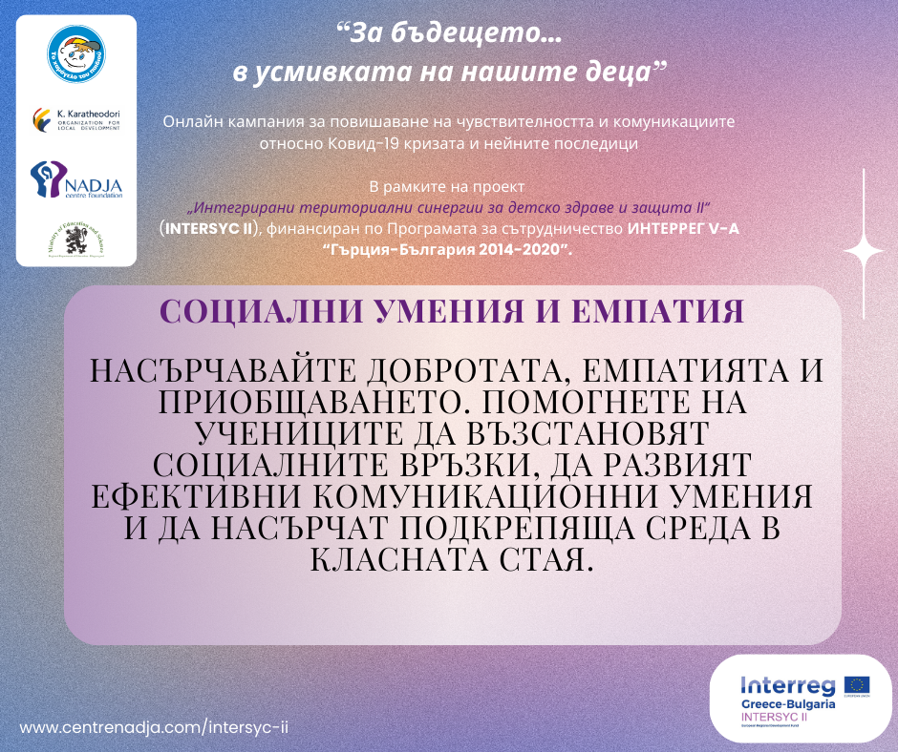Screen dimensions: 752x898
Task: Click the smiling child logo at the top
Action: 76,59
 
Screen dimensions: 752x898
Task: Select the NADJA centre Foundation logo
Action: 76,179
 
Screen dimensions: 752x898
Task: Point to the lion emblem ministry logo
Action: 76,239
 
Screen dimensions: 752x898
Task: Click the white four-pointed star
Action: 864,250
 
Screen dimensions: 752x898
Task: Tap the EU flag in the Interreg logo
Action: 855,686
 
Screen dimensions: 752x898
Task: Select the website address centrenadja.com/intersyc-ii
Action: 155,726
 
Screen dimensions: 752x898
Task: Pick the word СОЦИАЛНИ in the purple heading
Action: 252,311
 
